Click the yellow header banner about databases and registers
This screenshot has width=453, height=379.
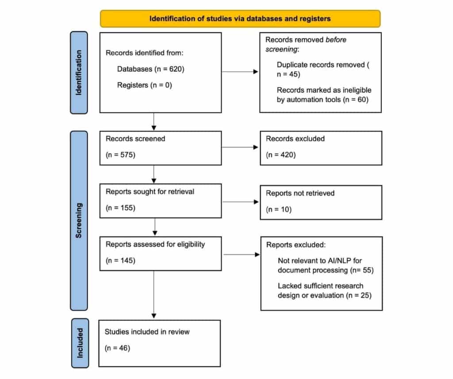tap(240, 19)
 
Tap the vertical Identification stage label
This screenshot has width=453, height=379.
tap(79, 73)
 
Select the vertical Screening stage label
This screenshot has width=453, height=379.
tap(79, 220)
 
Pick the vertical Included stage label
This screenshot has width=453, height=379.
tap(79, 343)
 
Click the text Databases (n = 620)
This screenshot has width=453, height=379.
tap(150, 69)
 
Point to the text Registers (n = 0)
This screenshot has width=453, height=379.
tap(144, 85)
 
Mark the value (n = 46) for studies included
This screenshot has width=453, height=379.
tap(118, 348)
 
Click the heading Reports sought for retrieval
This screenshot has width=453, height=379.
tap(150, 191)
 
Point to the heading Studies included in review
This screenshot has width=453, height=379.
tap(147, 331)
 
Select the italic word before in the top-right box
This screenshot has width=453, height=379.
tap(336, 40)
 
